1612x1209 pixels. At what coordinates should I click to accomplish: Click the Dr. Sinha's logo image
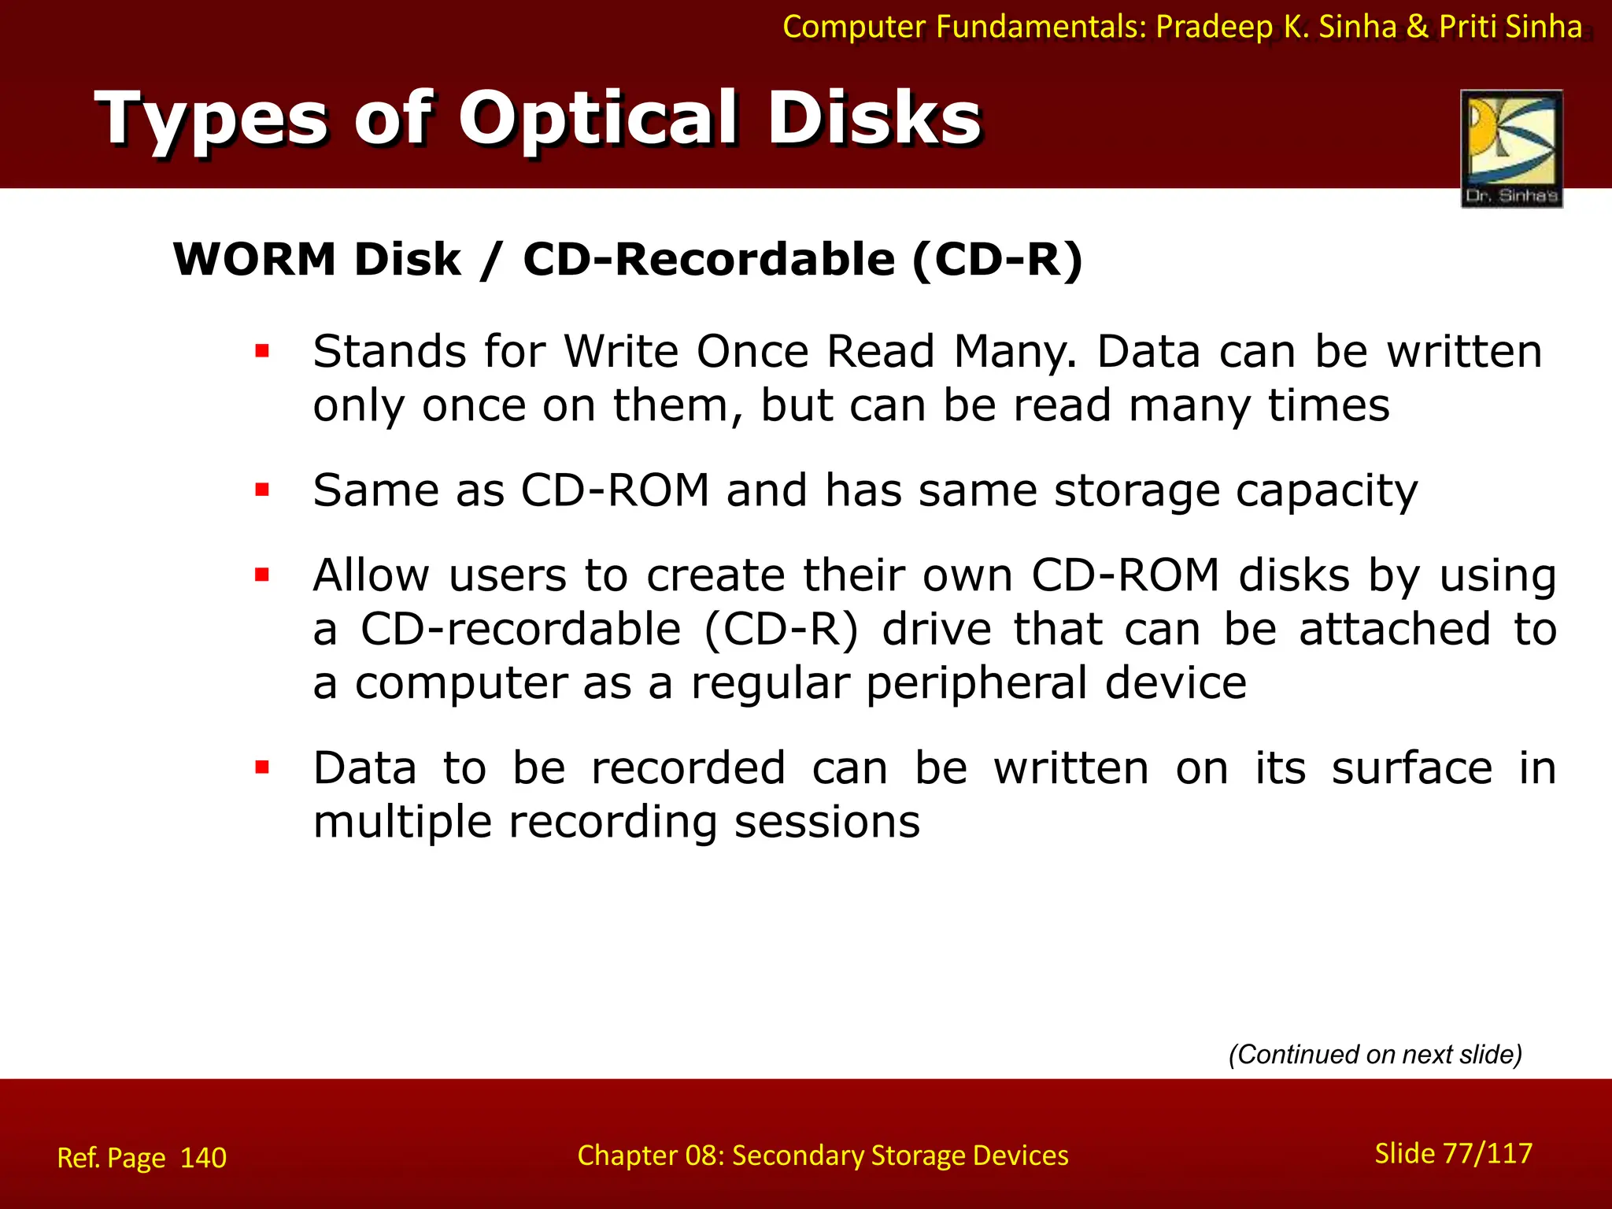[1511, 148]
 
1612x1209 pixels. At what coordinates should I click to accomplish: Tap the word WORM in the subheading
[254, 260]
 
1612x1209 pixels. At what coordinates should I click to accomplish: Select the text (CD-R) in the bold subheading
[997, 260]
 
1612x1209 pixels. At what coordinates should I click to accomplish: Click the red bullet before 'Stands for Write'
[262, 351]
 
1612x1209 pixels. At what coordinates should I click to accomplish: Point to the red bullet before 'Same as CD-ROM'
[262, 490]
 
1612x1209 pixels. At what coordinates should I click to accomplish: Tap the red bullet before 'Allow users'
[262, 575]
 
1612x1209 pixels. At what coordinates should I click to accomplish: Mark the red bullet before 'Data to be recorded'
[262, 767]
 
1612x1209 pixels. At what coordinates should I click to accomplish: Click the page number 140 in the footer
[203, 1158]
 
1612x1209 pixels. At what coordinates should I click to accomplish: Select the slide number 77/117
[1488, 1153]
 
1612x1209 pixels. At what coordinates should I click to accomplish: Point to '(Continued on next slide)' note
[1375, 1054]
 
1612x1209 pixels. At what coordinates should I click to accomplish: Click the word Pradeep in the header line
[1214, 27]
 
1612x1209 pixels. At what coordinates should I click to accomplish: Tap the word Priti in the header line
[1469, 27]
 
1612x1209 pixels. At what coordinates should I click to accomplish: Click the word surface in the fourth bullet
[1411, 767]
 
